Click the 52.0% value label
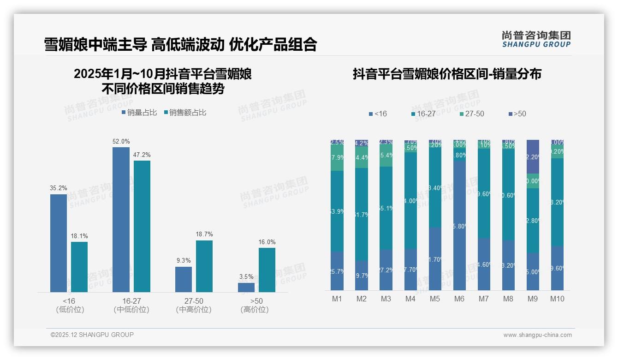pyautogui.click(x=121, y=141)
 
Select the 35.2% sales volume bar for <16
pyautogui.click(x=59, y=243)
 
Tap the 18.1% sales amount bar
pyautogui.click(x=79, y=267)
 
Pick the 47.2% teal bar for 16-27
pyautogui.click(x=142, y=226)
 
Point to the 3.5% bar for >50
pyautogui.click(x=246, y=287)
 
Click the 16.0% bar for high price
pyautogui.click(x=267, y=270)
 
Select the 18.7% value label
pyautogui.click(x=204, y=234)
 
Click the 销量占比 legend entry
pyautogui.click(x=139, y=112)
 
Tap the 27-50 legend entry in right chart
pyautogui.click(x=472, y=114)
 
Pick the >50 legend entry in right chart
pyautogui.click(x=517, y=114)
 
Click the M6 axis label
pyautogui.click(x=459, y=299)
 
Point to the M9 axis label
pyautogui.click(x=532, y=299)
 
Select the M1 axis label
pyautogui.click(x=337, y=299)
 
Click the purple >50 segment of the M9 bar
pyautogui.click(x=533, y=156)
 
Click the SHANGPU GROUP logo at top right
pyautogui.click(x=536, y=39)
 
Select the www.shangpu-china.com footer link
pyautogui.click(x=537, y=335)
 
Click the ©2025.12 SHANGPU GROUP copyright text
pyautogui.click(x=92, y=335)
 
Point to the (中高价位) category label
pyautogui.click(x=194, y=310)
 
